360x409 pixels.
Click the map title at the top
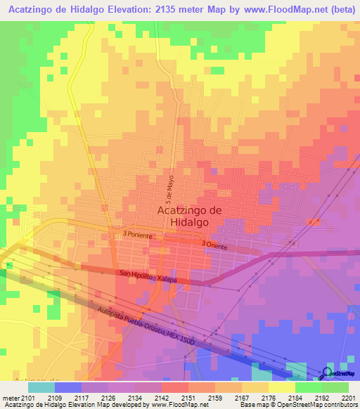point(180,10)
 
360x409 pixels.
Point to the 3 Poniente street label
point(137,235)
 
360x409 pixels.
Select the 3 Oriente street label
point(214,244)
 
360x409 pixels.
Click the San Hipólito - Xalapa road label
point(148,277)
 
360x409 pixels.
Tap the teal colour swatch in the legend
point(41,387)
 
